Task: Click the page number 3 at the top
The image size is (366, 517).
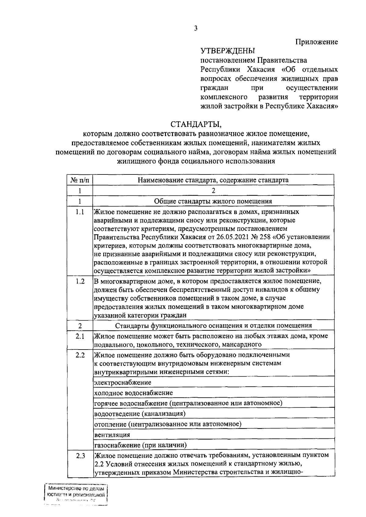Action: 196,28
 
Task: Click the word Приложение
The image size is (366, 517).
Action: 317,42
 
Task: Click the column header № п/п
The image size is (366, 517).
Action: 80,180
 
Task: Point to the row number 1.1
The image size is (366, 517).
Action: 80,212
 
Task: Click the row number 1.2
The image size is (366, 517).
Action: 80,281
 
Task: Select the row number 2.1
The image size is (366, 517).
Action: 80,336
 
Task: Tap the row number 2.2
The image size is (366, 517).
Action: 80,355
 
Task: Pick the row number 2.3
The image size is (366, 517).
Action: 80,456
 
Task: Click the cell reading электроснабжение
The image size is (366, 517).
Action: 123,382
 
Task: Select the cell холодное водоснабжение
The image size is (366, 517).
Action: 134,393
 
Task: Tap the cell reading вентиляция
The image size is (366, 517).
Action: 112,434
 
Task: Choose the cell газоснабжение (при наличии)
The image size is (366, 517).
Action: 141,445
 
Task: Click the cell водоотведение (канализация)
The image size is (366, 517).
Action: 140,413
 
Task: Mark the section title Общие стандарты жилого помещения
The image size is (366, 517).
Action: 213,201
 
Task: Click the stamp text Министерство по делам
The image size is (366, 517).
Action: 76,489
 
